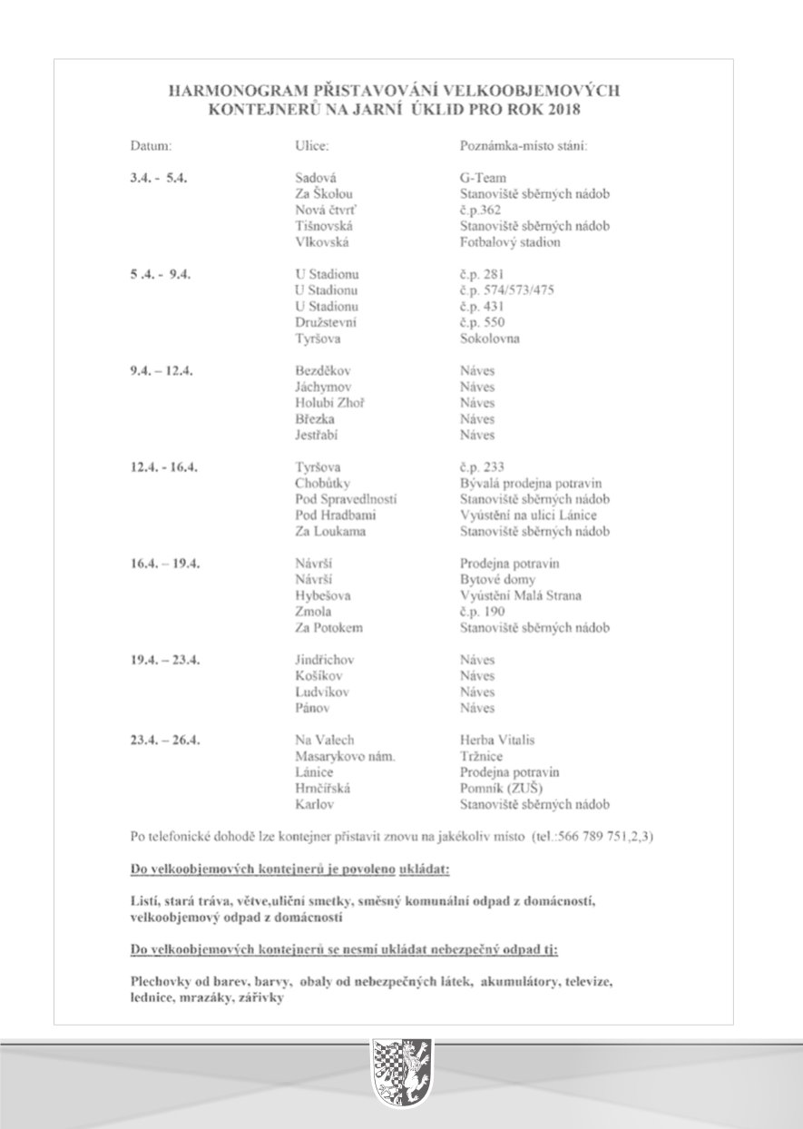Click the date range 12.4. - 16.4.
[x=163, y=467]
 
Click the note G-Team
[x=483, y=178]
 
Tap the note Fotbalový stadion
[x=510, y=242]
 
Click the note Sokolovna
[x=490, y=339]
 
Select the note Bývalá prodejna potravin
[x=531, y=484]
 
